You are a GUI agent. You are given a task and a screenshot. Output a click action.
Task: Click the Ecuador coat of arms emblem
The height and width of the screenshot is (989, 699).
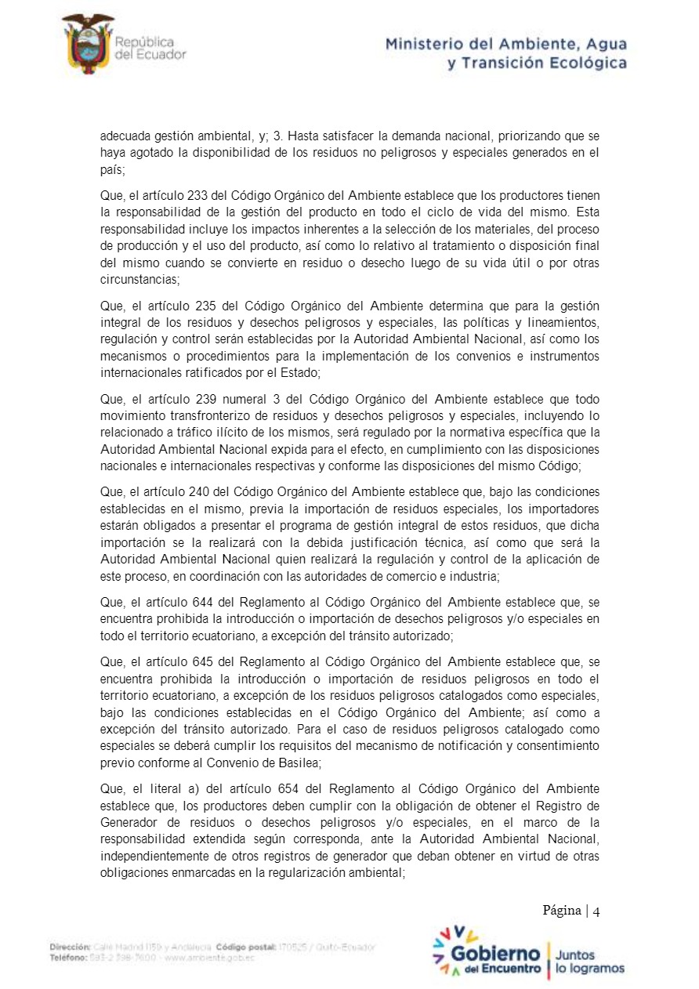(87, 44)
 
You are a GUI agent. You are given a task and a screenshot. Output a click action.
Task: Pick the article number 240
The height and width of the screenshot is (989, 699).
(200, 491)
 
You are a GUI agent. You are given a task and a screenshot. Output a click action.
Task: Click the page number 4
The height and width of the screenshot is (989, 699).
(596, 911)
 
